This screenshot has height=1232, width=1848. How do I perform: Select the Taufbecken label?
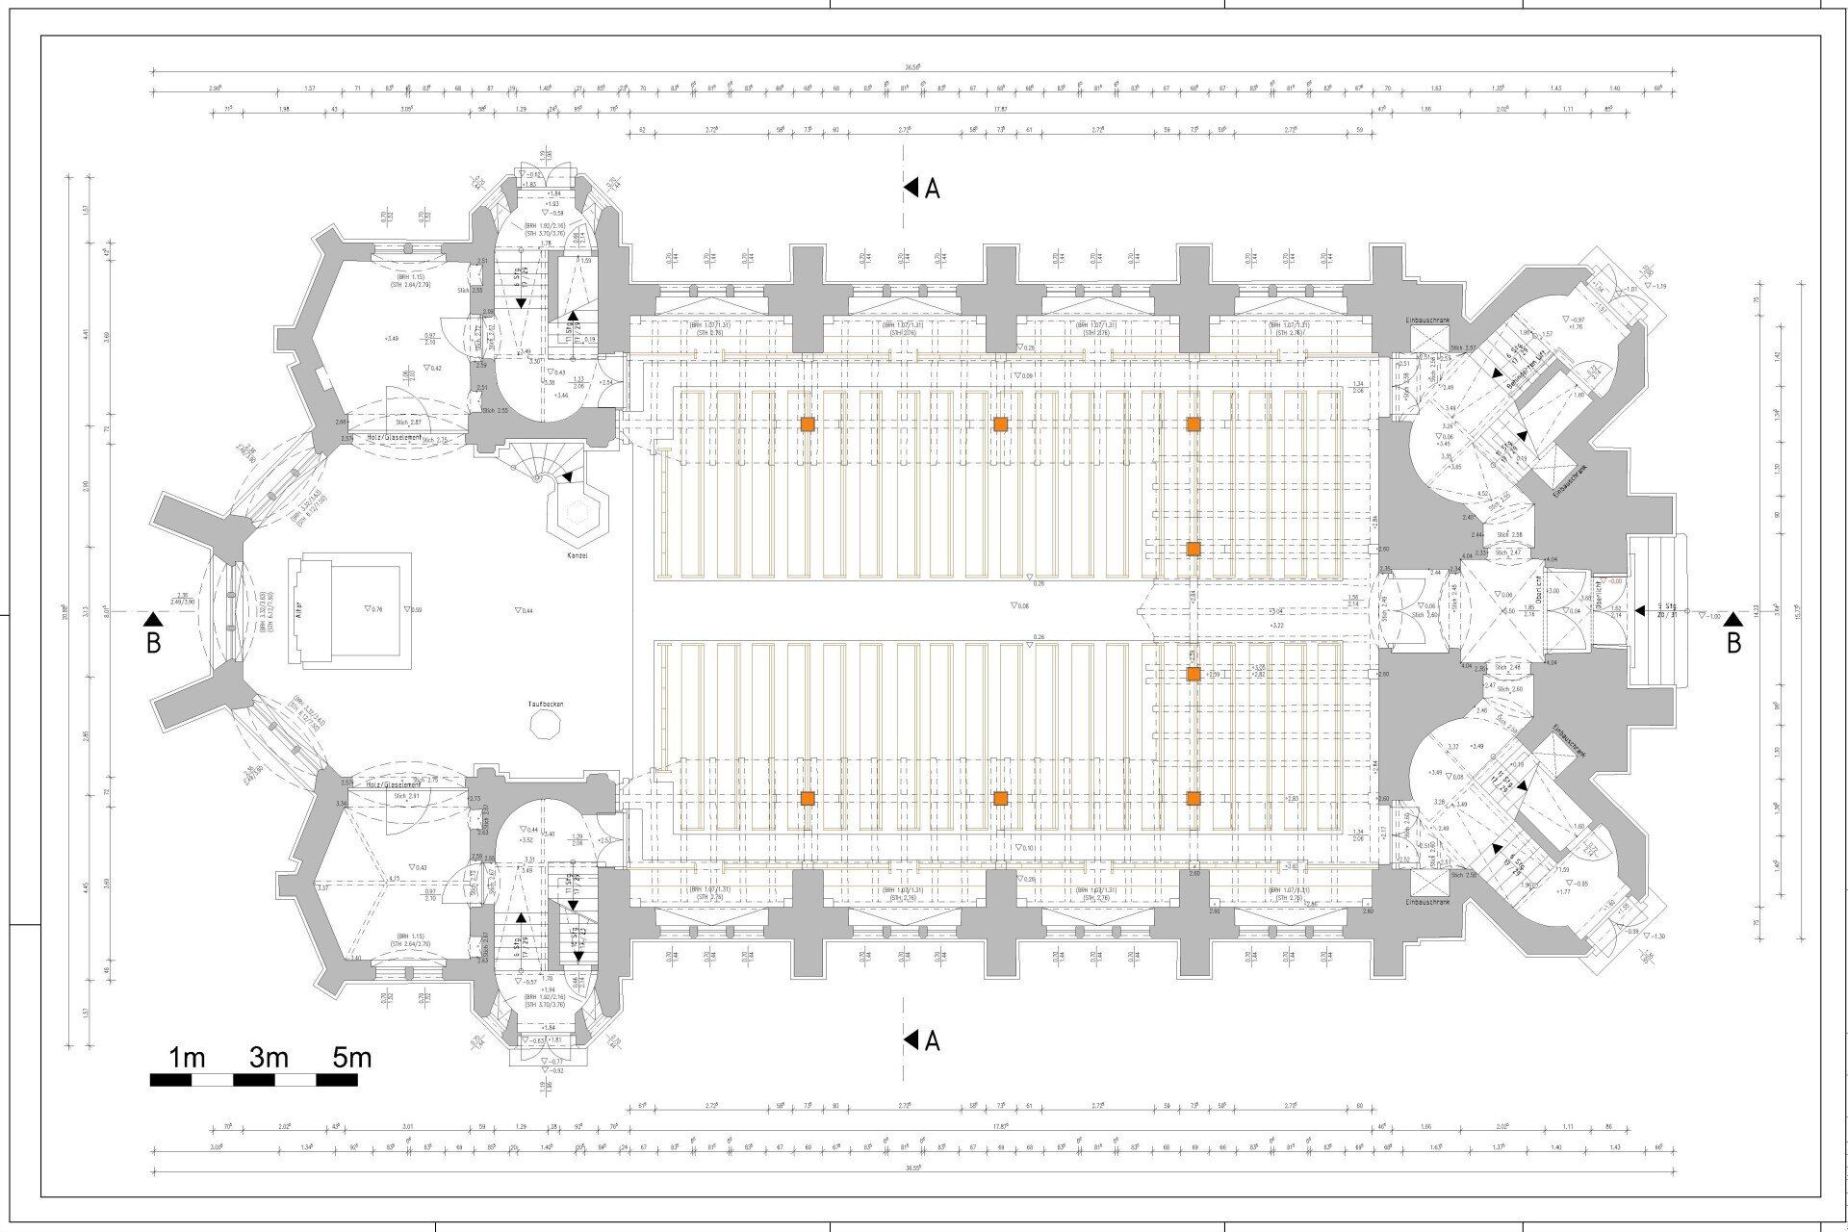click(545, 705)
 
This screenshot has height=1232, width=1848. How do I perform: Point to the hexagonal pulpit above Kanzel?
click(578, 513)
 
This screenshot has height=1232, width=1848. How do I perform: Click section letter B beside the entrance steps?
click(1733, 643)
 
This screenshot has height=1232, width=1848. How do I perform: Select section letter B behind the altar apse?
click(153, 643)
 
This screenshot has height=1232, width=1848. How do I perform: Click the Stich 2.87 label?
click(408, 423)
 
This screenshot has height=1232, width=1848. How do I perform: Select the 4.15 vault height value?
click(395, 878)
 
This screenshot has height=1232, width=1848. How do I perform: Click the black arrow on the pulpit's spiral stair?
click(569, 475)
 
